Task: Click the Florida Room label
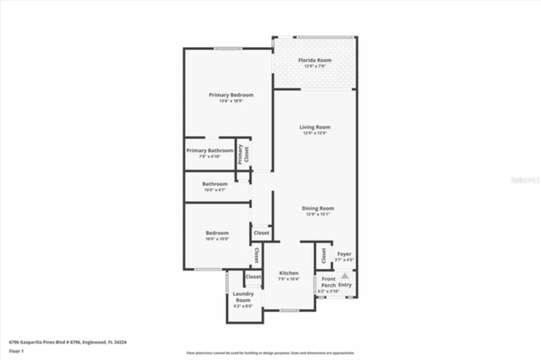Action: tap(315, 60)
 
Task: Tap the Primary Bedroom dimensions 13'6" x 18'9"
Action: tap(231, 101)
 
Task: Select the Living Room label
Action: tap(315, 127)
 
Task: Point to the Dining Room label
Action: tap(318, 208)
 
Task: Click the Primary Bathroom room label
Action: tap(210, 151)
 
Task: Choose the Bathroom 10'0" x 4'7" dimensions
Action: tap(215, 190)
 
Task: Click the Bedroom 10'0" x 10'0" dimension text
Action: tap(217, 239)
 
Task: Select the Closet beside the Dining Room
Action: tap(262, 233)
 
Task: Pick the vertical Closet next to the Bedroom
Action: tap(257, 255)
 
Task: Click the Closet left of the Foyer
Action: tap(324, 255)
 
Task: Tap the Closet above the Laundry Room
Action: tap(253, 277)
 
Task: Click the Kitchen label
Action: tap(289, 273)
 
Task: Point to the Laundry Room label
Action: tap(243, 297)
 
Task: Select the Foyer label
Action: tap(344, 254)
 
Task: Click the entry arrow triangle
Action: tap(345, 276)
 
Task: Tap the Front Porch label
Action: tap(328, 282)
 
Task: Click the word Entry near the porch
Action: tap(345, 285)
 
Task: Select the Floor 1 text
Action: tap(16, 351)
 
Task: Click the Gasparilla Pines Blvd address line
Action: tap(68, 342)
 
